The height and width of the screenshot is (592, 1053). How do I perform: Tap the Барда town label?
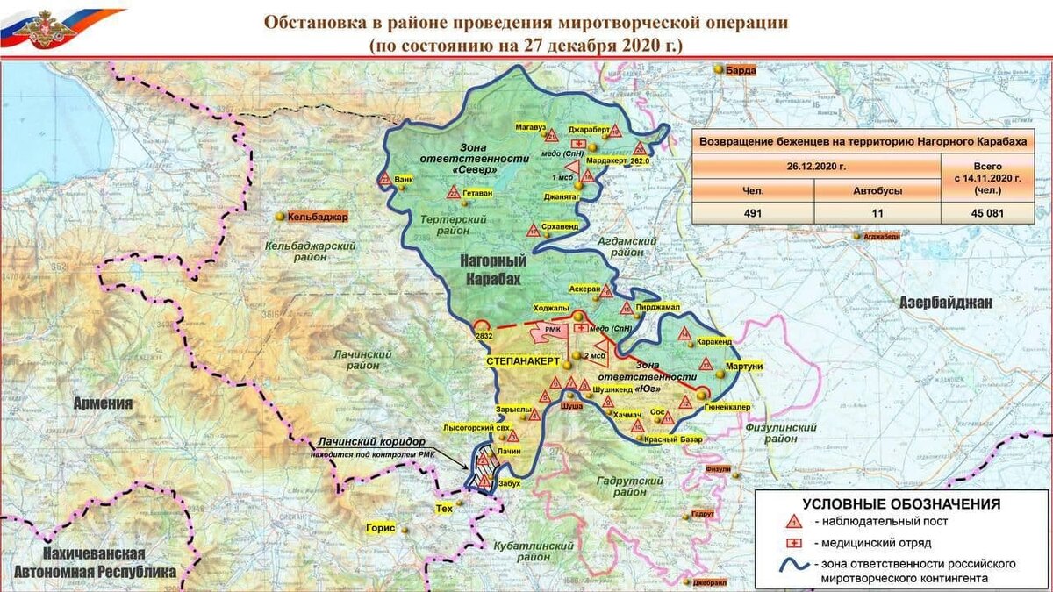coord(740,70)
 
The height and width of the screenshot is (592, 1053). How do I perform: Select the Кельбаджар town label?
coord(318,216)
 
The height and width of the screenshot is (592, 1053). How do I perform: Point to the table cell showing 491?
coord(752,212)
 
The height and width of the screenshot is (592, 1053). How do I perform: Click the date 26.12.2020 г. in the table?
coord(815,165)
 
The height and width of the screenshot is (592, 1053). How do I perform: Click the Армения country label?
coord(104,403)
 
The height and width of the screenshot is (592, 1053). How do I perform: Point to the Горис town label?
coord(381,530)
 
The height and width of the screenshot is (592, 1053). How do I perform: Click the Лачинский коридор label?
coord(371,442)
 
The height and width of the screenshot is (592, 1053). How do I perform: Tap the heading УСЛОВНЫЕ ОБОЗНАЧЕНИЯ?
coord(904,503)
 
